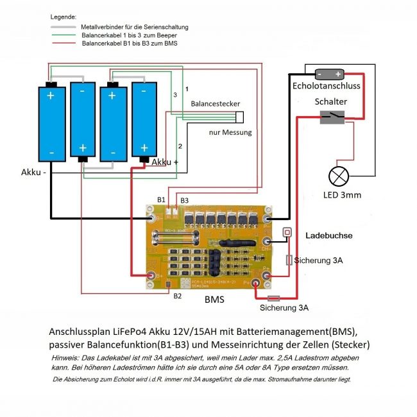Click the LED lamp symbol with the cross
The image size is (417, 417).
(x=338, y=176)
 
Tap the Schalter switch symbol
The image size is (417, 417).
(x=332, y=116)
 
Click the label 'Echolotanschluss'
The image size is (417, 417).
(x=326, y=86)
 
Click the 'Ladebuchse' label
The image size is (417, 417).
(x=328, y=236)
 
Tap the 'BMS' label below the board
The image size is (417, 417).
(x=214, y=300)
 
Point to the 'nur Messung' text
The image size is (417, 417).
(x=230, y=133)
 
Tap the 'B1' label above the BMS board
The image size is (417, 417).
(x=162, y=200)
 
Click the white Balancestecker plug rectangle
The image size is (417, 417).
(x=240, y=117)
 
